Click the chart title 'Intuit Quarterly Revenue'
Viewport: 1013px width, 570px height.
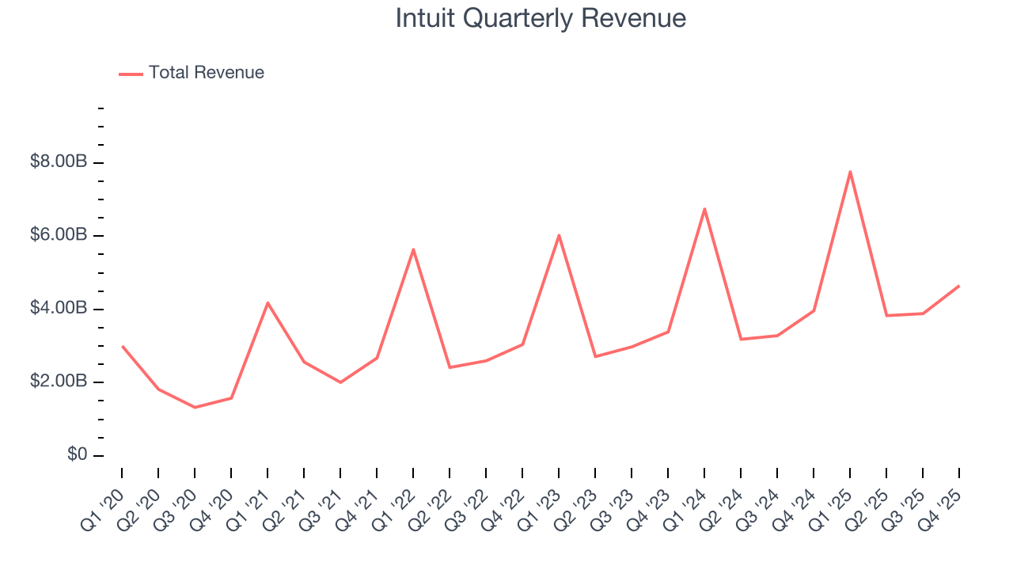[x=541, y=18]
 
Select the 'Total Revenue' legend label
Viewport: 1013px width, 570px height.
[x=206, y=73]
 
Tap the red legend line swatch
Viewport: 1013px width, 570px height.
[x=131, y=74]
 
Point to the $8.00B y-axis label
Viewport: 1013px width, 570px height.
[x=59, y=162]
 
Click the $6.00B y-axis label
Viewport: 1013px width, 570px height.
[x=59, y=235]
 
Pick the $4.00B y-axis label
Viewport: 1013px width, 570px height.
[x=59, y=308]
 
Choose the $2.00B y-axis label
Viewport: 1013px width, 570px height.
[x=59, y=382]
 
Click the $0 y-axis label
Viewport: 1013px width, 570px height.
[x=76, y=454]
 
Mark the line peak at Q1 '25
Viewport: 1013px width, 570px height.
[x=850, y=172]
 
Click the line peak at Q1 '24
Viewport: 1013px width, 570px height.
[x=704, y=209]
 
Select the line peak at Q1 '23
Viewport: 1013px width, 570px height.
[x=559, y=235]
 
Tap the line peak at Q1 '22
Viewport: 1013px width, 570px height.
[x=413, y=249]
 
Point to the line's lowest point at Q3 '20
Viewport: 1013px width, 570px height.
[x=195, y=407]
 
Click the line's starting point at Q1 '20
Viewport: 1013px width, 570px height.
[x=122, y=346]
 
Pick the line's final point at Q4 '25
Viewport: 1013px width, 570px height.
[x=959, y=286]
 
